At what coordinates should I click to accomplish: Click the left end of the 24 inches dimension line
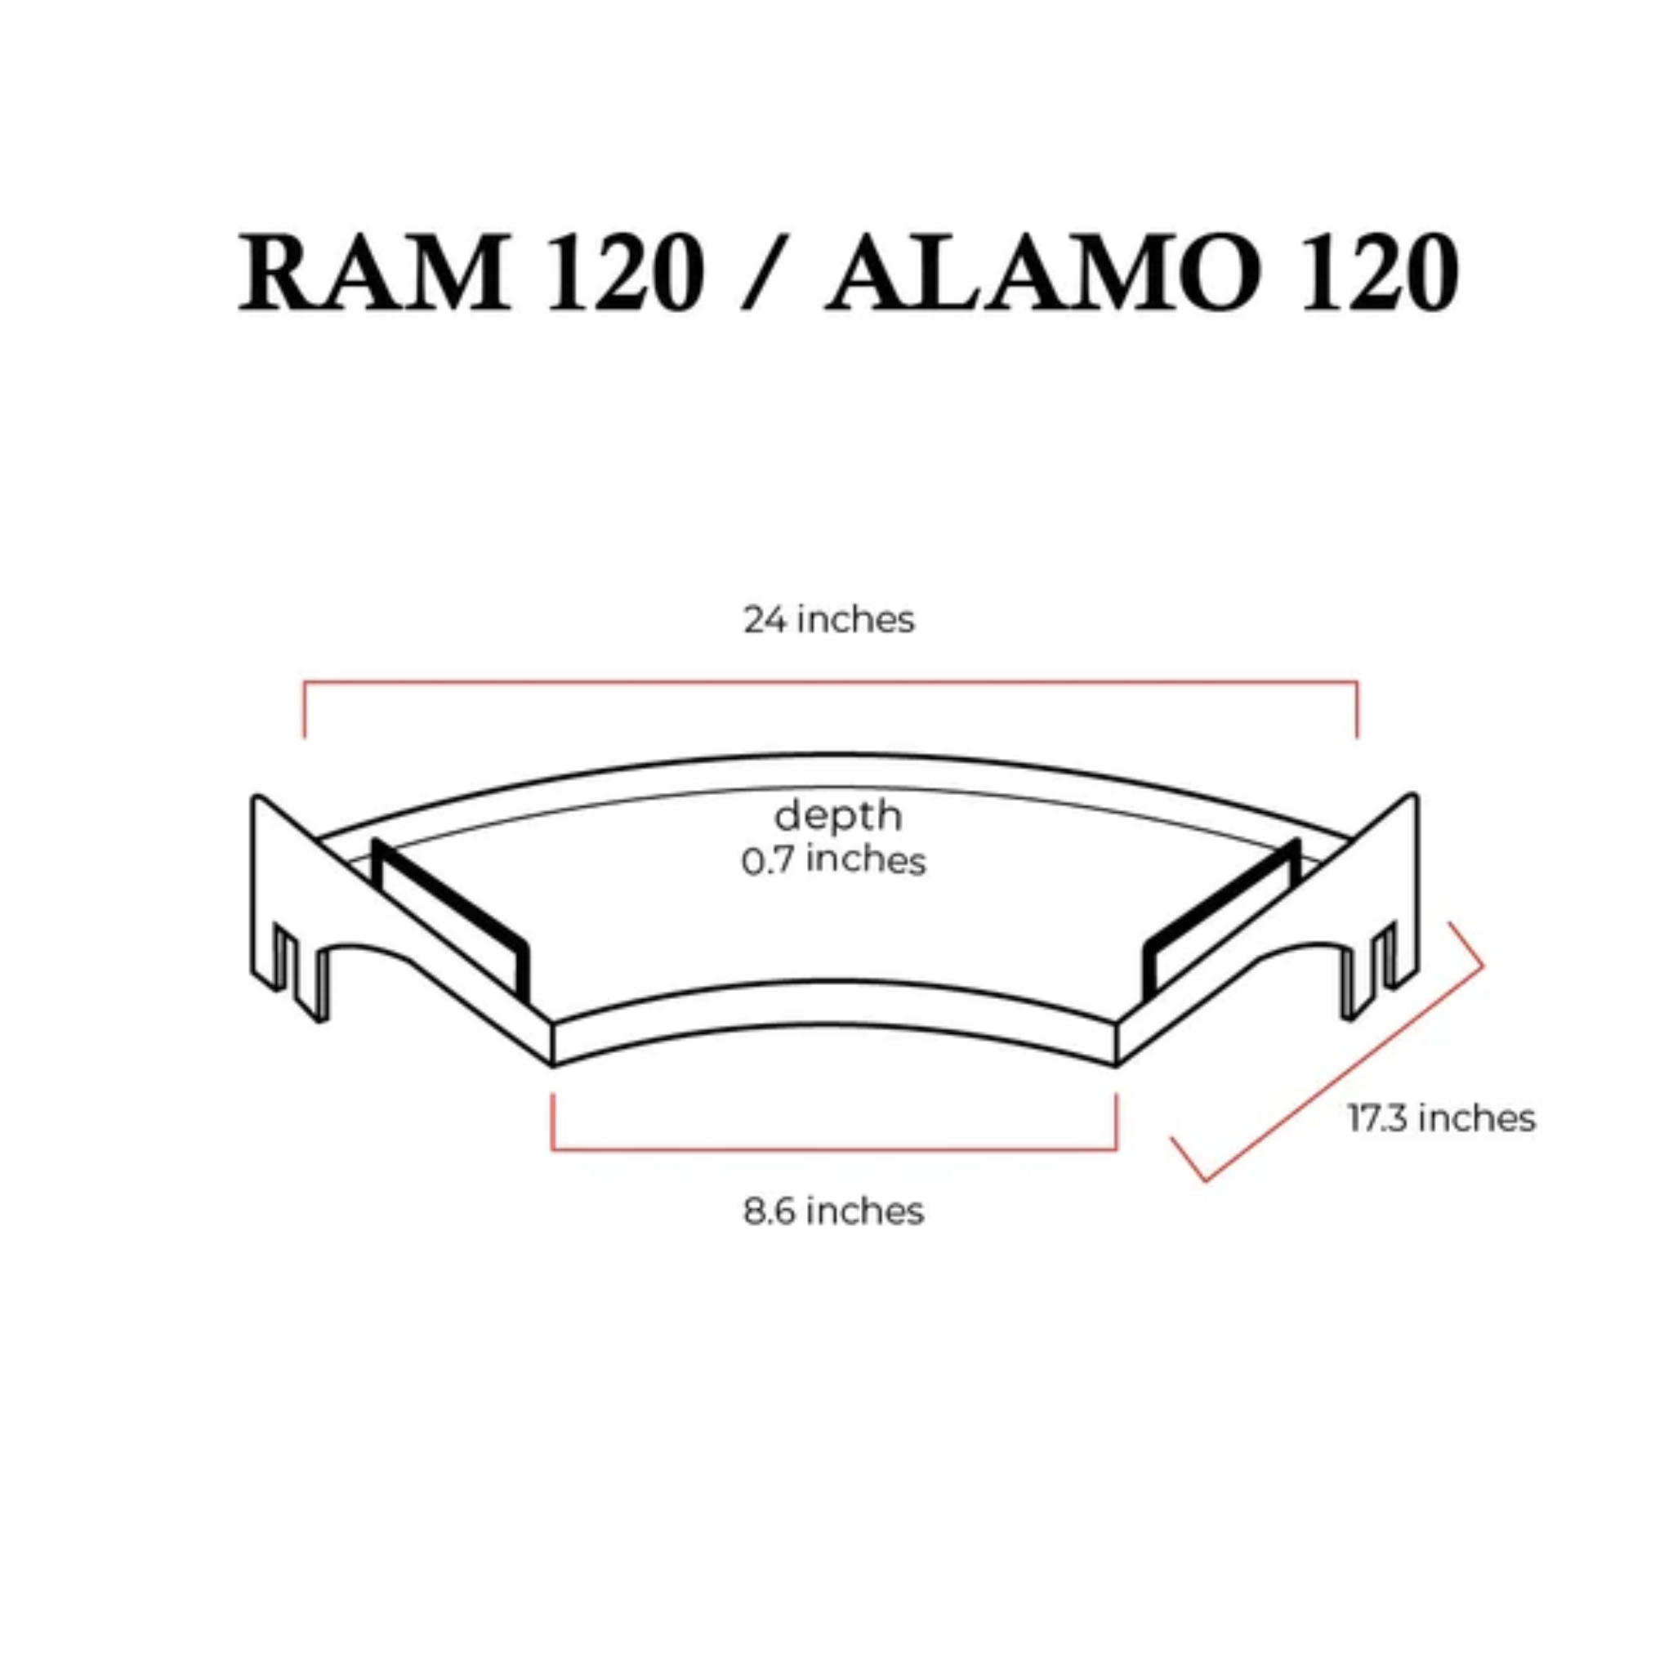pyautogui.click(x=304, y=737)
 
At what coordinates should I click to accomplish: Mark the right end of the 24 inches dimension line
pyautogui.click(x=1357, y=737)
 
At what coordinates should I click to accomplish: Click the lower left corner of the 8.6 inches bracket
pyautogui.click(x=552, y=1150)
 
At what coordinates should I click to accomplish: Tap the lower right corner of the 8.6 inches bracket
pyautogui.click(x=1117, y=1150)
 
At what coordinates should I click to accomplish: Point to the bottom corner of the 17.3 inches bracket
pyautogui.click(x=1206, y=1181)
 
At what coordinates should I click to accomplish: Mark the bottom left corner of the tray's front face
pyautogui.click(x=552, y=1066)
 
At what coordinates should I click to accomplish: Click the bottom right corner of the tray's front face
pyautogui.click(x=1117, y=1066)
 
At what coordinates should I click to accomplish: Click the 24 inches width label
pyautogui.click(x=828, y=620)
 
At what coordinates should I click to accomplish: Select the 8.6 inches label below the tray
pyautogui.click(x=833, y=1211)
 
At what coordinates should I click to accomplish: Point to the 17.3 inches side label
pyautogui.click(x=1442, y=1119)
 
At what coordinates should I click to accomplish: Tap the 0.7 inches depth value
pyautogui.click(x=833, y=861)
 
